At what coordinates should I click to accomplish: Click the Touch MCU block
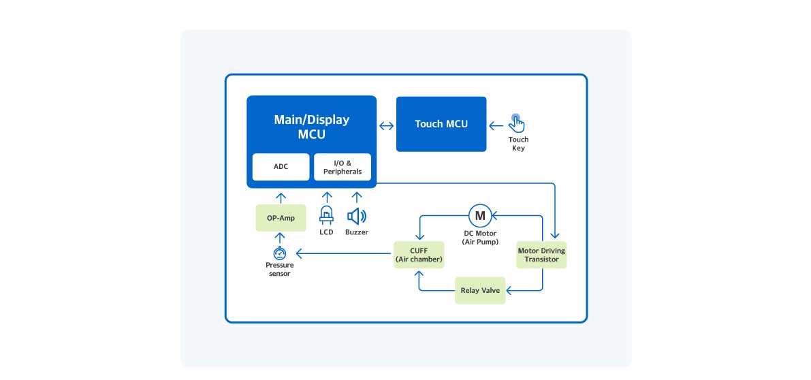(441, 124)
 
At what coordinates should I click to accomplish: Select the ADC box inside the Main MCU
(281, 167)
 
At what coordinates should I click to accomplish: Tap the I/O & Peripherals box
(343, 167)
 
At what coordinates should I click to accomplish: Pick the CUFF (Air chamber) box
(419, 255)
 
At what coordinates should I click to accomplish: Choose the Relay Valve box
(480, 290)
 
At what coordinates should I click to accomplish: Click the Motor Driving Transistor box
(541, 255)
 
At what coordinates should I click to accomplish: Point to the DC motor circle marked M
(479, 216)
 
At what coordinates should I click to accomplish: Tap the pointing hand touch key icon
(518, 123)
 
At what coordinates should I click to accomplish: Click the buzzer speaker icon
(356, 217)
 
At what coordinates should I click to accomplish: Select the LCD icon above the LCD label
(327, 216)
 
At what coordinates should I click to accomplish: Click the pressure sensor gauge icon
(279, 254)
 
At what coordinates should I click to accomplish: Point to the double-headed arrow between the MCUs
(387, 125)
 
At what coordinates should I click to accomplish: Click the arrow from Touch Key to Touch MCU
(496, 125)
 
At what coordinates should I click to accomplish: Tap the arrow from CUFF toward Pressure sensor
(344, 255)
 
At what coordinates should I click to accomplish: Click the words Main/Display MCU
(311, 127)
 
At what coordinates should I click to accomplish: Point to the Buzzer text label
(356, 232)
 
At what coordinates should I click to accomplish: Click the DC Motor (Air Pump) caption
(480, 238)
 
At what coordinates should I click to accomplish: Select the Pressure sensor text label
(279, 269)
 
